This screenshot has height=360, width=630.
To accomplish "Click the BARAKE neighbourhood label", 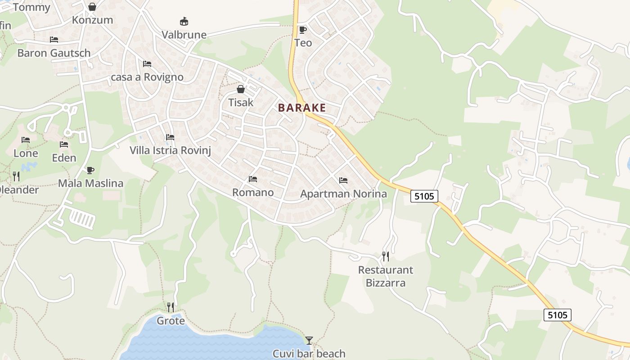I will (x=301, y=108).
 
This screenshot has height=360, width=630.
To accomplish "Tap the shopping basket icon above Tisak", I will (x=241, y=89).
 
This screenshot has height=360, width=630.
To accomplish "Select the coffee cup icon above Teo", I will (x=303, y=30).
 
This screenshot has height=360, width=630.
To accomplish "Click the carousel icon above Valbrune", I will (x=184, y=21).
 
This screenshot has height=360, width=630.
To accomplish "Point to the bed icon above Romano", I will (x=253, y=179).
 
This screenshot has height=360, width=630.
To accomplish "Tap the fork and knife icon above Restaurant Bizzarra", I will (x=385, y=256).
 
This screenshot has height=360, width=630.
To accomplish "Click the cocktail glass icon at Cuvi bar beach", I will (x=309, y=340).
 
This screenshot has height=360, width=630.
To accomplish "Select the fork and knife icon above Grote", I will (x=171, y=307).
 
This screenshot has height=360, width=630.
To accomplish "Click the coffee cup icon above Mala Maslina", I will (x=90, y=170).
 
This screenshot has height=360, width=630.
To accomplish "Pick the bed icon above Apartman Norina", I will (x=343, y=180).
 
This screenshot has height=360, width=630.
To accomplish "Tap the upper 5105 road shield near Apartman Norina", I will (x=424, y=196).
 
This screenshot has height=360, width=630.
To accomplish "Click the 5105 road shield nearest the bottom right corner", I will (x=557, y=315).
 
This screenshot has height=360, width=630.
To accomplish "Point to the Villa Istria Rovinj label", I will (x=170, y=150).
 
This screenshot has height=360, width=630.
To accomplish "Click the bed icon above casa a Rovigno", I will (x=147, y=64).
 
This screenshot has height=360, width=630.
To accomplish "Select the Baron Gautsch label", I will (x=54, y=53).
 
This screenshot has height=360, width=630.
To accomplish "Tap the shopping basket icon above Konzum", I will (x=92, y=7).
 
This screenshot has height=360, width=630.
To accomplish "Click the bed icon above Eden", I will (x=64, y=144).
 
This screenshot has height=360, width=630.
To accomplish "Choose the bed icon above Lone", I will (x=26, y=140).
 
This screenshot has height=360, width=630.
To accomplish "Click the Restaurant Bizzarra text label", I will (x=386, y=276).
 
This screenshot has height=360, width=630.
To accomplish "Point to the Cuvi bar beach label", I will (x=309, y=354).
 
